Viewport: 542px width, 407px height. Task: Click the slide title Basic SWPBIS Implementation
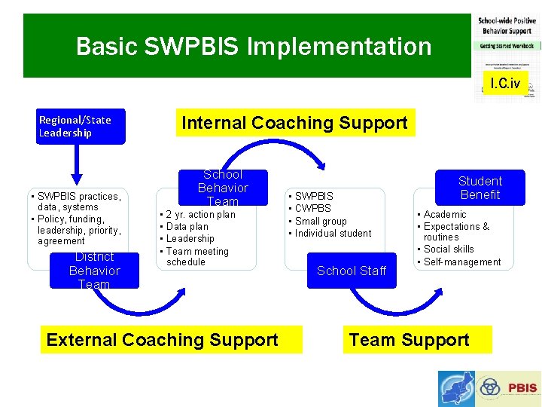tap(254, 47)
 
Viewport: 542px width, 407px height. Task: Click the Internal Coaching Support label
tap(294, 123)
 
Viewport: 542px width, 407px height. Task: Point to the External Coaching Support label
tap(162, 340)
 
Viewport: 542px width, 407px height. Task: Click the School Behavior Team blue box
tap(223, 188)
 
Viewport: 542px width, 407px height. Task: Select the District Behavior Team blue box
tap(94, 271)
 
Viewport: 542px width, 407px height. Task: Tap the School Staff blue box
tap(351, 271)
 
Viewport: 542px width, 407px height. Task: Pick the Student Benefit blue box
tap(480, 188)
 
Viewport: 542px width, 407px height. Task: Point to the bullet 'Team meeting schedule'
tap(196, 257)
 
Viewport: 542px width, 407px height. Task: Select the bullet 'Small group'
tap(320, 222)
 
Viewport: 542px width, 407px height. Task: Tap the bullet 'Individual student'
tap(332, 234)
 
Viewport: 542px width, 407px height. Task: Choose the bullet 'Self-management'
tap(461, 262)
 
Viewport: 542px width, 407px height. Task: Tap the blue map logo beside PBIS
tap(457, 388)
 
